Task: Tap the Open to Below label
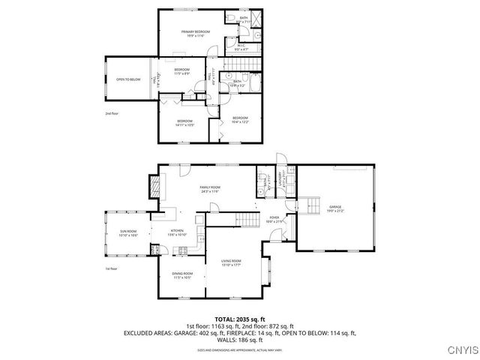click(x=129, y=79)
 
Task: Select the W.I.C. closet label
click(x=241, y=47)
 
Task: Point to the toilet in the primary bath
click(x=233, y=18)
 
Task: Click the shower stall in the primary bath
click(x=254, y=19)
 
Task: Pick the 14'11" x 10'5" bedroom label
click(x=185, y=123)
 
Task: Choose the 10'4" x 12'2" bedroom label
click(x=240, y=119)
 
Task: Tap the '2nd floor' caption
click(x=112, y=113)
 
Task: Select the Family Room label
click(x=209, y=188)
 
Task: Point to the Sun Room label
click(x=128, y=233)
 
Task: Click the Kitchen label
click(x=177, y=232)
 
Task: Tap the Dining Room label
click(x=182, y=275)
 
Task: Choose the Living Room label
click(x=230, y=262)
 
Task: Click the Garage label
click(x=334, y=208)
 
